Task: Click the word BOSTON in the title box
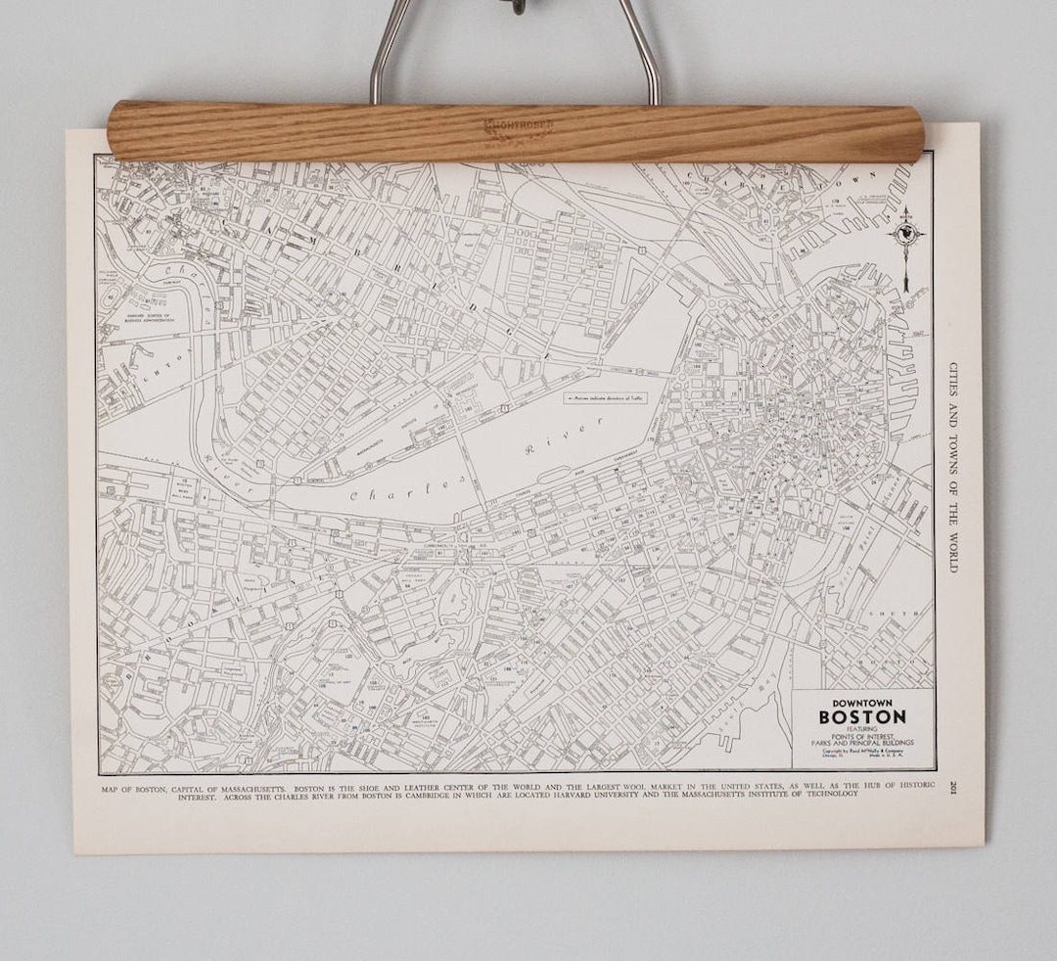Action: coord(862,715)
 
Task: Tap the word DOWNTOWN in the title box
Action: coord(861,702)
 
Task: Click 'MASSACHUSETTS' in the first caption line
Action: coord(244,786)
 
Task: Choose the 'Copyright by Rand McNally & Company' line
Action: coord(861,751)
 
